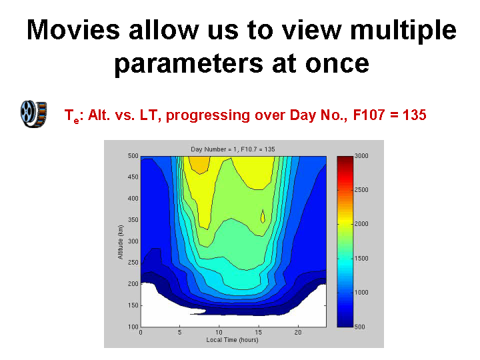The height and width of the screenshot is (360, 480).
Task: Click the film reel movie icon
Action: [34, 114]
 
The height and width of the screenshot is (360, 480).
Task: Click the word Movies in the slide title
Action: [73, 30]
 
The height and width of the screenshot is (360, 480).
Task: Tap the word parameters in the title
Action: [189, 64]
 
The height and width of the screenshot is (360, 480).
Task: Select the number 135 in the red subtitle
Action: [415, 115]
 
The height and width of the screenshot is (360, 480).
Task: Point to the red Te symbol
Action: [72, 116]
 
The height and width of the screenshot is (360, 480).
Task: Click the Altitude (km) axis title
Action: [121, 242]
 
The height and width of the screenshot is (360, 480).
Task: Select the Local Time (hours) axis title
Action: [232, 340]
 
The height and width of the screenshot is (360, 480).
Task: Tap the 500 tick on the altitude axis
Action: [133, 156]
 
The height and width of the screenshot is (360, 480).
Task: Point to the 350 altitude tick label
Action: [133, 220]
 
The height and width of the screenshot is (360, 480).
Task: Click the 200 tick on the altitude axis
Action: [133, 284]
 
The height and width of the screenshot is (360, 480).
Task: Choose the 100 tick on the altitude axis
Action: [133, 327]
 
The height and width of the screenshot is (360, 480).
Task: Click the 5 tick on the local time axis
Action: [180, 333]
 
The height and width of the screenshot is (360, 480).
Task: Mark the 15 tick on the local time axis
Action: [259, 333]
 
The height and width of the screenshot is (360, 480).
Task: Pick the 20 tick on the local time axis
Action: [298, 333]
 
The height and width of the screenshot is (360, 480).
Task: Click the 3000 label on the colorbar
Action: [361, 156]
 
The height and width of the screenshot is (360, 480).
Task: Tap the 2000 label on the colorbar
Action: [361, 224]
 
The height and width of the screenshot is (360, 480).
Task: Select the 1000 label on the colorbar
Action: [361, 293]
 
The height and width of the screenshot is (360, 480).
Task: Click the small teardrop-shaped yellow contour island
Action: [263, 217]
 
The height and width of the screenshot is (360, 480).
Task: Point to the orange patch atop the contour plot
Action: [199, 165]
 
